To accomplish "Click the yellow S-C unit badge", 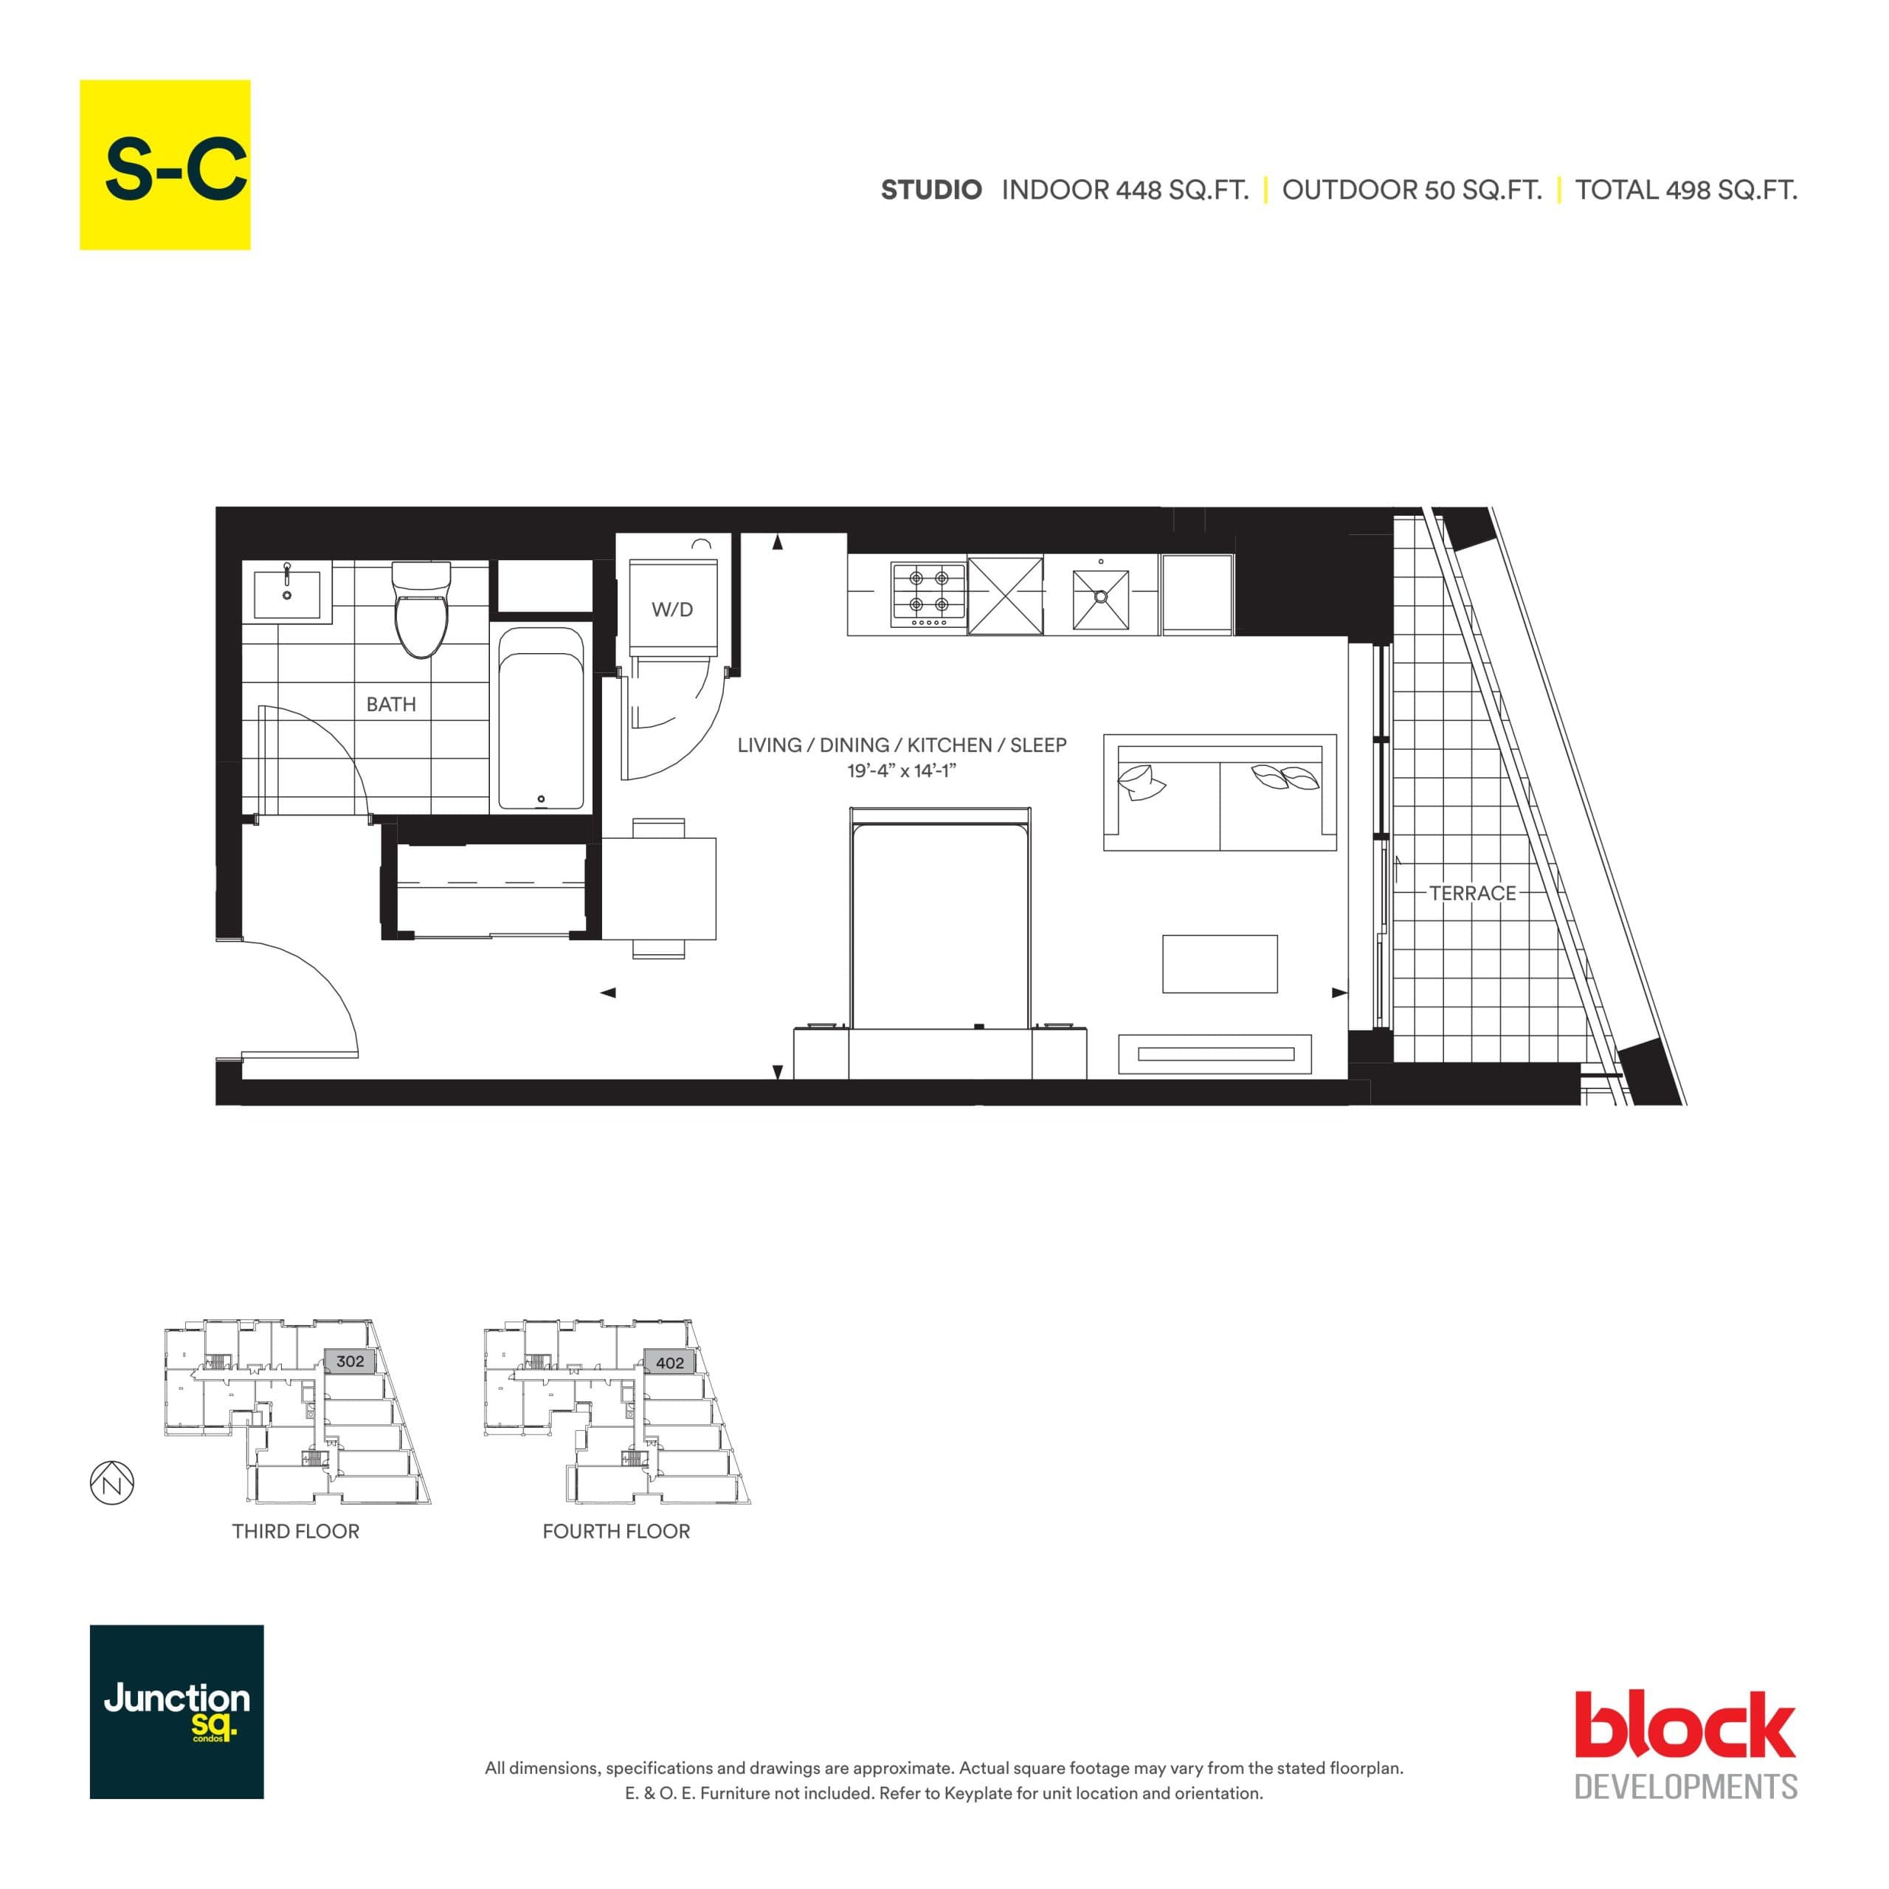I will (165, 165).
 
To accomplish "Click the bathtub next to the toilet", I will (541, 719).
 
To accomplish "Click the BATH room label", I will (390, 704).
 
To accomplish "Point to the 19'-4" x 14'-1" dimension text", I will (900, 771).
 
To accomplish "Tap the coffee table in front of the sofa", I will (1219, 964).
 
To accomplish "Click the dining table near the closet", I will (658, 888).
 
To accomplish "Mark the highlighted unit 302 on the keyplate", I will (349, 1361).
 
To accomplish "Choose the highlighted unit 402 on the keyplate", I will (670, 1362).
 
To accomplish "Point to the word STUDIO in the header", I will (930, 190).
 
